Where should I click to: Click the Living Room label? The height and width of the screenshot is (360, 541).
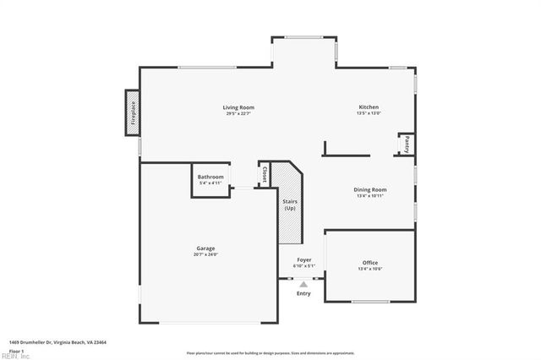click(238, 107)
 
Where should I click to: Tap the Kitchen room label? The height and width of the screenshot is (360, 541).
click(369, 107)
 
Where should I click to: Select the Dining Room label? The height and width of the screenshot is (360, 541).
click(370, 189)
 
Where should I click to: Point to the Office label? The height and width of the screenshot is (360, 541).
click(370, 263)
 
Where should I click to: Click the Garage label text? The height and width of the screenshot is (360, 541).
click(205, 248)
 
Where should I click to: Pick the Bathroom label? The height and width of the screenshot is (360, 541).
click(210, 177)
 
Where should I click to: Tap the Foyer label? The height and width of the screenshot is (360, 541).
click(304, 259)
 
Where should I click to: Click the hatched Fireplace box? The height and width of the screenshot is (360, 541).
click(133, 112)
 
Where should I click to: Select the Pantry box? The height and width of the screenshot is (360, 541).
click(407, 145)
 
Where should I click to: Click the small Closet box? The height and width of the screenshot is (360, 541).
click(264, 174)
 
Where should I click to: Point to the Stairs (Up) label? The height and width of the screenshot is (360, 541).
click(289, 205)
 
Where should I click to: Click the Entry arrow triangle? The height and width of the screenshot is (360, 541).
click(303, 286)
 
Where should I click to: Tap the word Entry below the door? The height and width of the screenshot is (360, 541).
click(303, 293)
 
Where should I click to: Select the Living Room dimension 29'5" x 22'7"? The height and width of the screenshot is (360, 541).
click(238, 114)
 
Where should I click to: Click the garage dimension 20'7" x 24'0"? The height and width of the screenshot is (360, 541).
click(205, 254)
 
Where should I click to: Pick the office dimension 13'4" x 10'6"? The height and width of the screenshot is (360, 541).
click(370, 269)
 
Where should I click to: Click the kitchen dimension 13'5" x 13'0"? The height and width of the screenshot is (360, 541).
click(369, 114)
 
